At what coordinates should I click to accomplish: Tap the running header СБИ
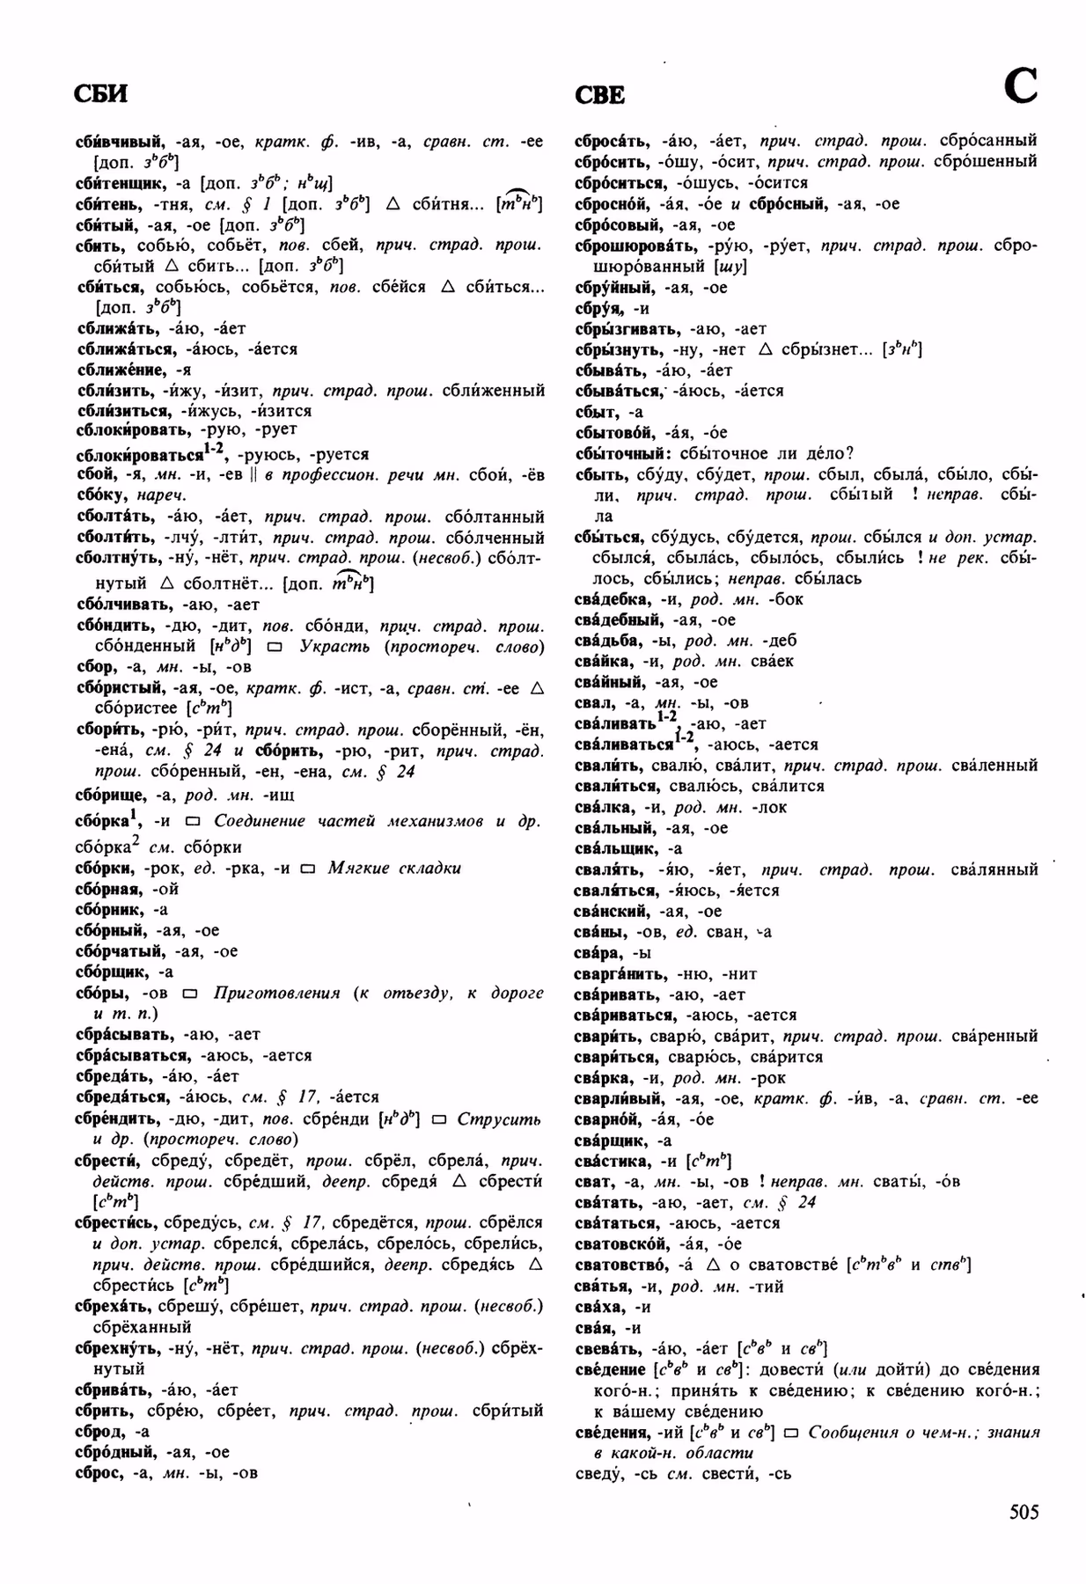101,94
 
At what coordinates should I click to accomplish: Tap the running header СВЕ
600,95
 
